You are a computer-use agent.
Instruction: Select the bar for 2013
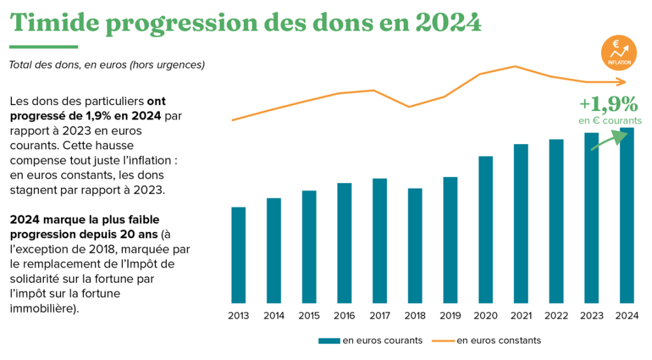click(x=238, y=255)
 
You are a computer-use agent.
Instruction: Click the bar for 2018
click(x=415, y=245)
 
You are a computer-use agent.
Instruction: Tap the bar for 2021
click(x=521, y=223)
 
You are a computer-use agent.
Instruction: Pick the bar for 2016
click(x=344, y=243)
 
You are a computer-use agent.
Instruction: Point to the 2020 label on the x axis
click(x=485, y=315)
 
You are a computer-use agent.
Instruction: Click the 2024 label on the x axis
click(x=627, y=315)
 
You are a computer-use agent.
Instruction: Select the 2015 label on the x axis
click(x=309, y=315)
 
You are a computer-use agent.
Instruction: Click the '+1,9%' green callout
click(x=608, y=104)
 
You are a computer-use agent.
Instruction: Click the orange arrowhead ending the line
click(x=623, y=82)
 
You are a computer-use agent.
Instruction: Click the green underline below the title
click(x=44, y=47)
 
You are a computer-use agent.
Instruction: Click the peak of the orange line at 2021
click(x=514, y=66)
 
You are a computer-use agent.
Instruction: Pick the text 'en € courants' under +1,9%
click(x=610, y=120)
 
